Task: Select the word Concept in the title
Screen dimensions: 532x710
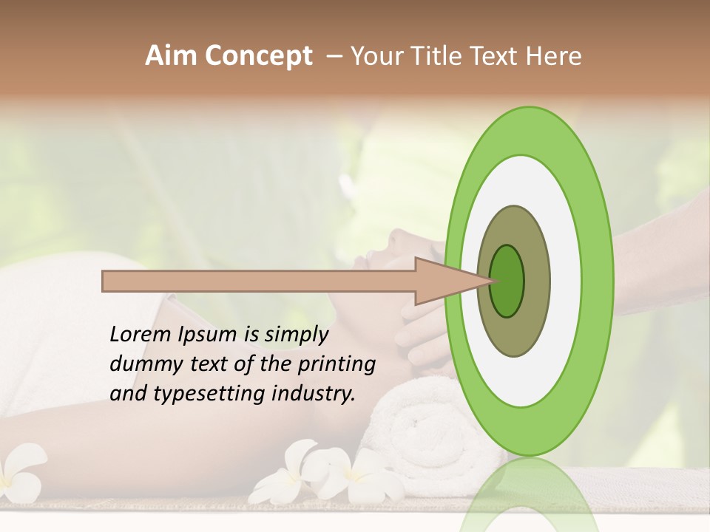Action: [258, 56]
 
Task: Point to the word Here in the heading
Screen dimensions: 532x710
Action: [553, 56]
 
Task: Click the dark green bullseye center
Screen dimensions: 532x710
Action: [507, 281]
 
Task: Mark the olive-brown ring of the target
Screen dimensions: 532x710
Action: [513, 332]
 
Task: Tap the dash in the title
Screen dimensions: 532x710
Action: [334, 56]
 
